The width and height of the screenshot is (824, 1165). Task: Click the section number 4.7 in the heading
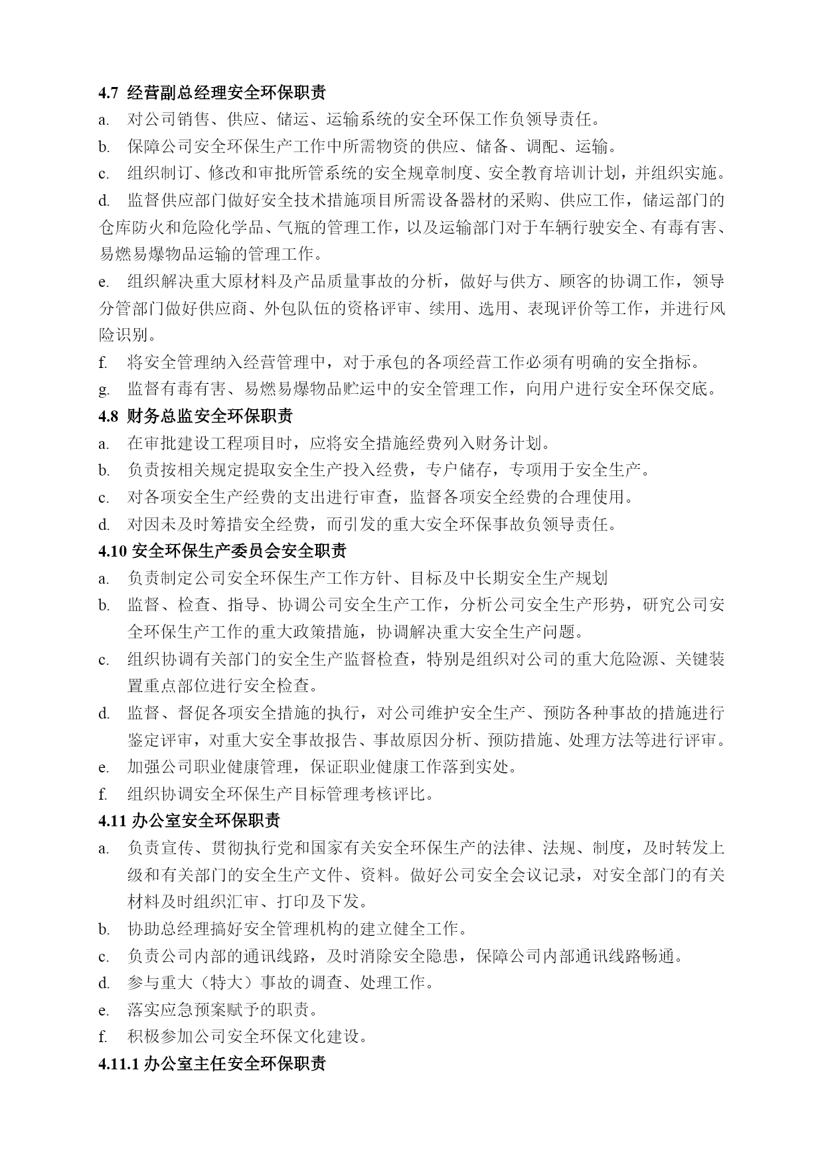click(108, 93)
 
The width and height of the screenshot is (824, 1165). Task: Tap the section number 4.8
click(108, 416)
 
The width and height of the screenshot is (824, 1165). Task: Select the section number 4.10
click(112, 551)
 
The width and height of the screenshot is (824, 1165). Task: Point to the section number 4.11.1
click(118, 1063)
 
